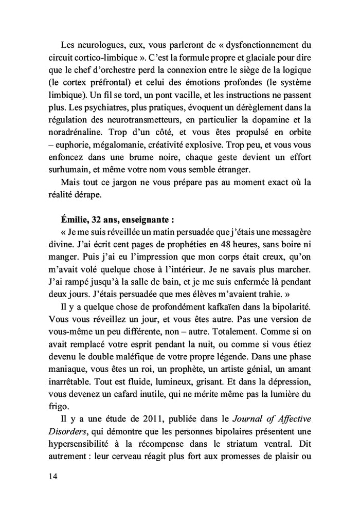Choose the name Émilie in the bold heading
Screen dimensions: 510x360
coord(75,219)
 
